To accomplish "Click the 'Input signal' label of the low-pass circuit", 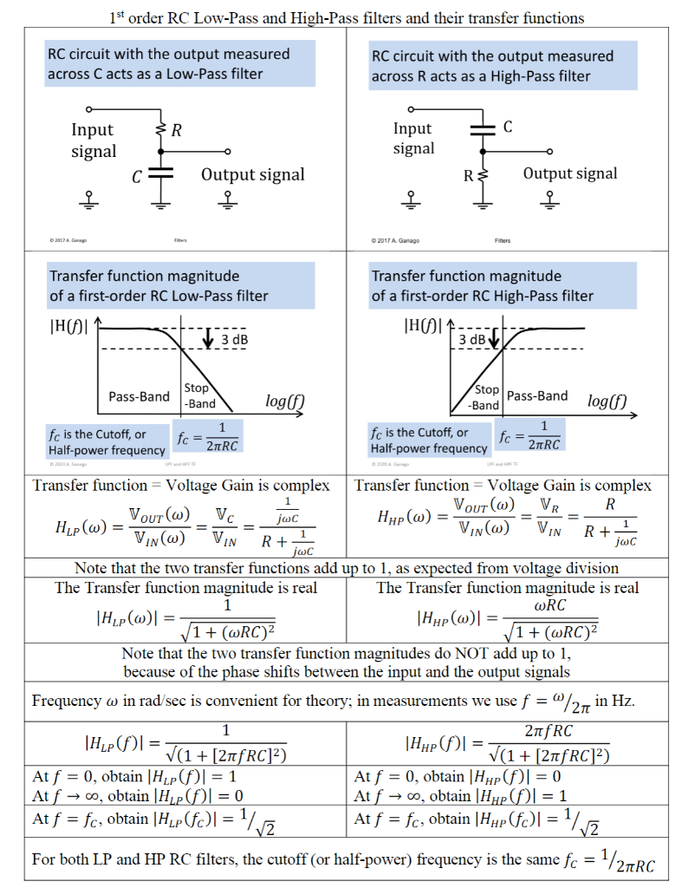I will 94,140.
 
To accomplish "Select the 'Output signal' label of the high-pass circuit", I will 569,173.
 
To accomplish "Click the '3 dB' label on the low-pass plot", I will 234,339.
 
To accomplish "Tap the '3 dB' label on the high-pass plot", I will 473,339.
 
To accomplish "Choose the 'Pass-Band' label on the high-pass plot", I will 537,395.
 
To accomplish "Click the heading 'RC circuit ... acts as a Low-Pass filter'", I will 169,64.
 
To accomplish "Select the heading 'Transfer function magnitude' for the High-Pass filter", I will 483,285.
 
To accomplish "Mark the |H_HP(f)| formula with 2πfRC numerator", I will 508,743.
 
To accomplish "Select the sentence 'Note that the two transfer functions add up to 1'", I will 347,569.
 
